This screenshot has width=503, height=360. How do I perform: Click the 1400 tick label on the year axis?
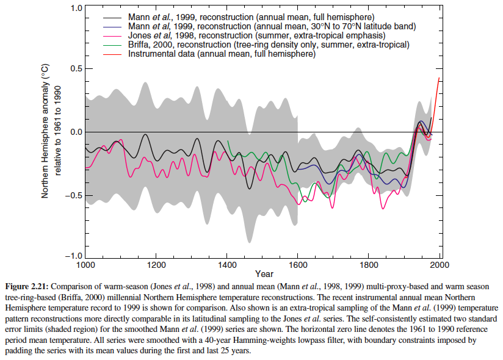pos(227,265)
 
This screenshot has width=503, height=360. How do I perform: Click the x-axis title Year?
pos(264,274)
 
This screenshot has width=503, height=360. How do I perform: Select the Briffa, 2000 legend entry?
pos(269,45)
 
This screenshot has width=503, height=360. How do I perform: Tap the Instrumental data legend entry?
pos(222,54)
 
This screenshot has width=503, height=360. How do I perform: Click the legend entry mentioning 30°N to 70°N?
pos(272,27)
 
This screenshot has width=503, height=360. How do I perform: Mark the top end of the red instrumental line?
pos(439,77)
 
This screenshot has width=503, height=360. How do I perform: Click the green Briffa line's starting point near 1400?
pos(228,141)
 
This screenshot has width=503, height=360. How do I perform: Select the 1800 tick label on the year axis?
pos(369,265)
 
